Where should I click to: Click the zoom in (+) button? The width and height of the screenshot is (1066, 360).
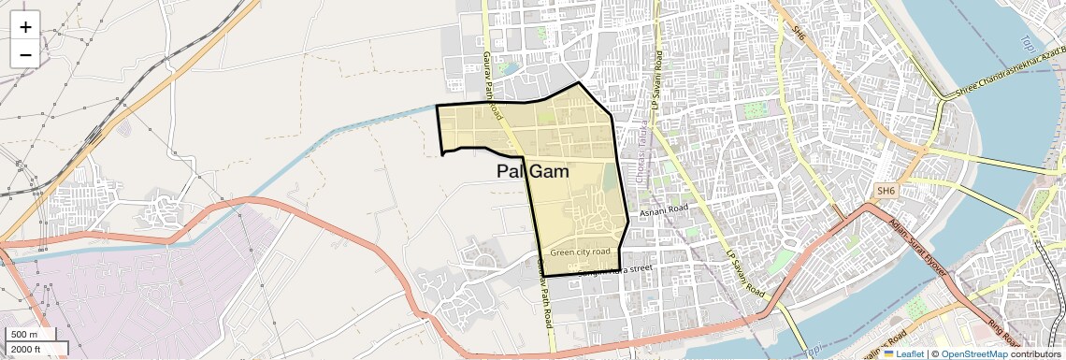[25, 26]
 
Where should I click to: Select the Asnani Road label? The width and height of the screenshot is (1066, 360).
[664, 212]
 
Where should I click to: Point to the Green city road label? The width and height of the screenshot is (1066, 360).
[580, 252]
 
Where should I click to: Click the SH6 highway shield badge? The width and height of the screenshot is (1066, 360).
[886, 191]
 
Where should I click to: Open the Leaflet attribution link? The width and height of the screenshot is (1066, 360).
[903, 354]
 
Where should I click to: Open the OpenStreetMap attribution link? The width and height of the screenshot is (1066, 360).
[973, 354]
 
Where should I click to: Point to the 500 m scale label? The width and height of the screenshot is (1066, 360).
[24, 335]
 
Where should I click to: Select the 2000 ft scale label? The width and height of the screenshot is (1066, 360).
[26, 350]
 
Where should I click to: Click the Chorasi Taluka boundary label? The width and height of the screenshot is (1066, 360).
[643, 138]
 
